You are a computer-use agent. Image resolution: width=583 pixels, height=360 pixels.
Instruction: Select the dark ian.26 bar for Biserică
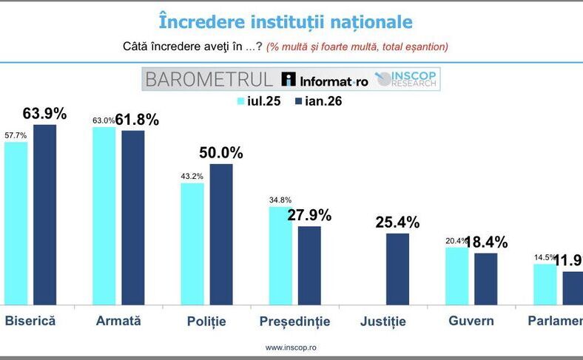(45, 214)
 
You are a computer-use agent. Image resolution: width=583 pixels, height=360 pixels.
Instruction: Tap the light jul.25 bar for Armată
(104, 215)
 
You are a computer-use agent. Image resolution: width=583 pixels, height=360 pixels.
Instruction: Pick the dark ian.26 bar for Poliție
(221, 234)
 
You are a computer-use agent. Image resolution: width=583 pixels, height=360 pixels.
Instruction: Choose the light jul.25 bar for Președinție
(280, 255)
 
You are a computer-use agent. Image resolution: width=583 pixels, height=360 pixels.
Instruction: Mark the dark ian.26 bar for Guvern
(486, 278)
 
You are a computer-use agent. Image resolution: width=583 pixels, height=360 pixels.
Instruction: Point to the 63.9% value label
(44, 114)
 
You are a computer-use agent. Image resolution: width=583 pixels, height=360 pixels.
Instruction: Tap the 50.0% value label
(221, 153)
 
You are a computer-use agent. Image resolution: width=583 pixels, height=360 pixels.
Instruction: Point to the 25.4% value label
(398, 223)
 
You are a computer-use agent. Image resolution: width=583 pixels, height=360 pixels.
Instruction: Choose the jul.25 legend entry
(258, 101)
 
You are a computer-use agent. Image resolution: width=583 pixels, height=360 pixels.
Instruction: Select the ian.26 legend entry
(319, 101)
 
